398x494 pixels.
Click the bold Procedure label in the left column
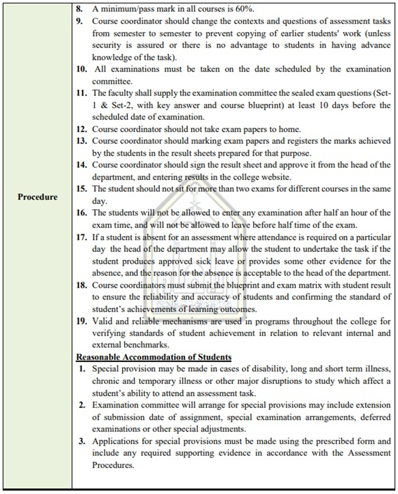click(37, 197)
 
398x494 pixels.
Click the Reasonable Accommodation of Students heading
click(154, 357)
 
